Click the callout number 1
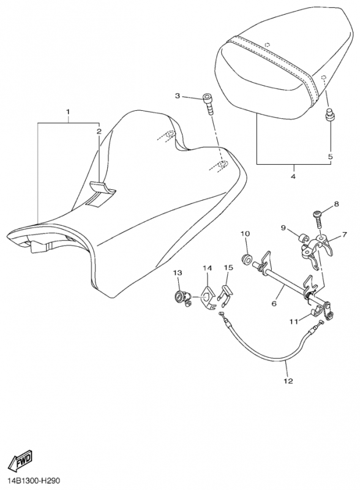(68, 111)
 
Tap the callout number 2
(99, 131)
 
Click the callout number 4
(293, 176)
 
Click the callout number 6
(274, 303)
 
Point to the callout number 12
(288, 381)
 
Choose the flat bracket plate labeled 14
(208, 296)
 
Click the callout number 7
(344, 235)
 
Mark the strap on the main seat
(100, 194)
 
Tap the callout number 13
(177, 273)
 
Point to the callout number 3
(177, 96)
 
